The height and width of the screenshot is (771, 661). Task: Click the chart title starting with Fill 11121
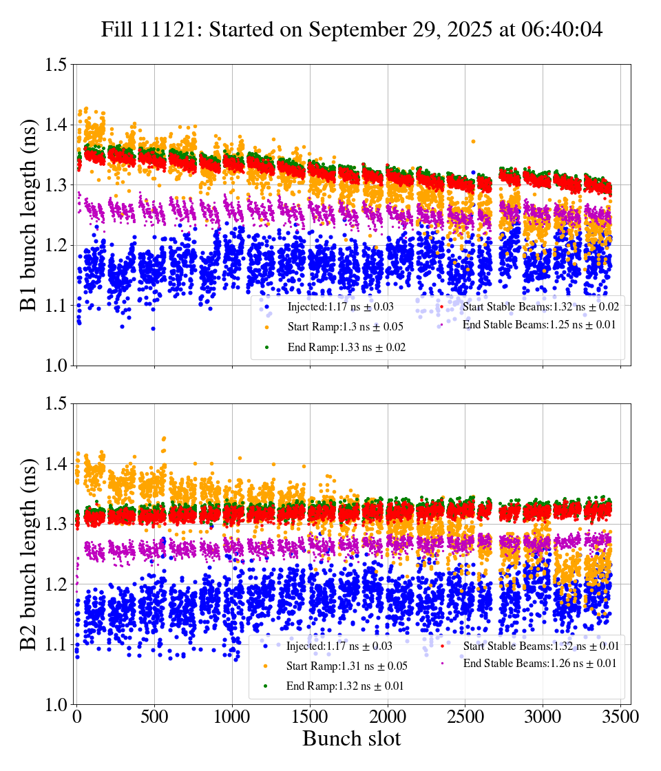coord(352,30)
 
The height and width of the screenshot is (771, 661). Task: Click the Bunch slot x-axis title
coord(351,739)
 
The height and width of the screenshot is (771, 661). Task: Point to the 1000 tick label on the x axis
coord(232,717)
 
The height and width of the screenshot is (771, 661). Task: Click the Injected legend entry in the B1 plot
coord(340,306)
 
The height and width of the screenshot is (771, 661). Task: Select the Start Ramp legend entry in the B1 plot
coord(345,327)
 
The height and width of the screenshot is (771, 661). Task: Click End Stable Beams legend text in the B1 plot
coord(539,324)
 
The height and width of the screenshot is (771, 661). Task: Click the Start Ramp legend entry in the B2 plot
coord(346,666)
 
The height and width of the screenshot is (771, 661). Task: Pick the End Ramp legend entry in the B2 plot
coord(345,686)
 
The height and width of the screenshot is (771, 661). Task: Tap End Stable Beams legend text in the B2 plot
coord(539,664)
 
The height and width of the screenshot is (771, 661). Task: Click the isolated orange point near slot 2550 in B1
coord(473,141)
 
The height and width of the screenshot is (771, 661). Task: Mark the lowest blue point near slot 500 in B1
coord(153,328)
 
